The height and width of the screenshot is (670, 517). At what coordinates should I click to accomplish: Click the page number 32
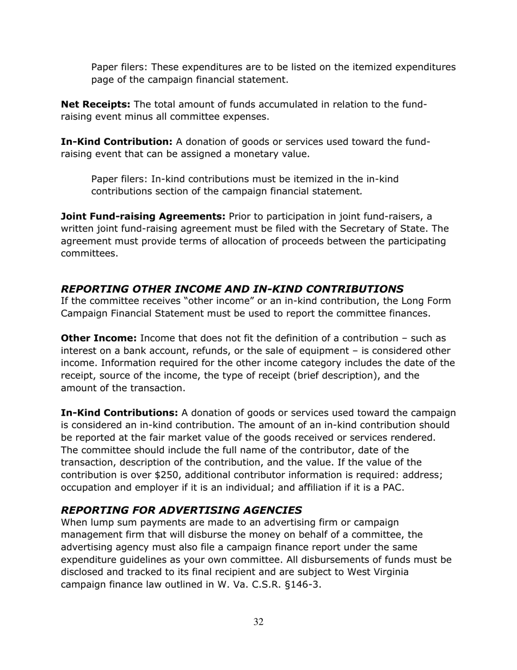(x=258, y=622)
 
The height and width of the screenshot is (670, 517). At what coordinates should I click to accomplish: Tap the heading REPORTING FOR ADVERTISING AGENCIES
(x=181, y=510)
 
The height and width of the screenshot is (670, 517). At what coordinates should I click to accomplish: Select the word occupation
(x=85, y=487)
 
